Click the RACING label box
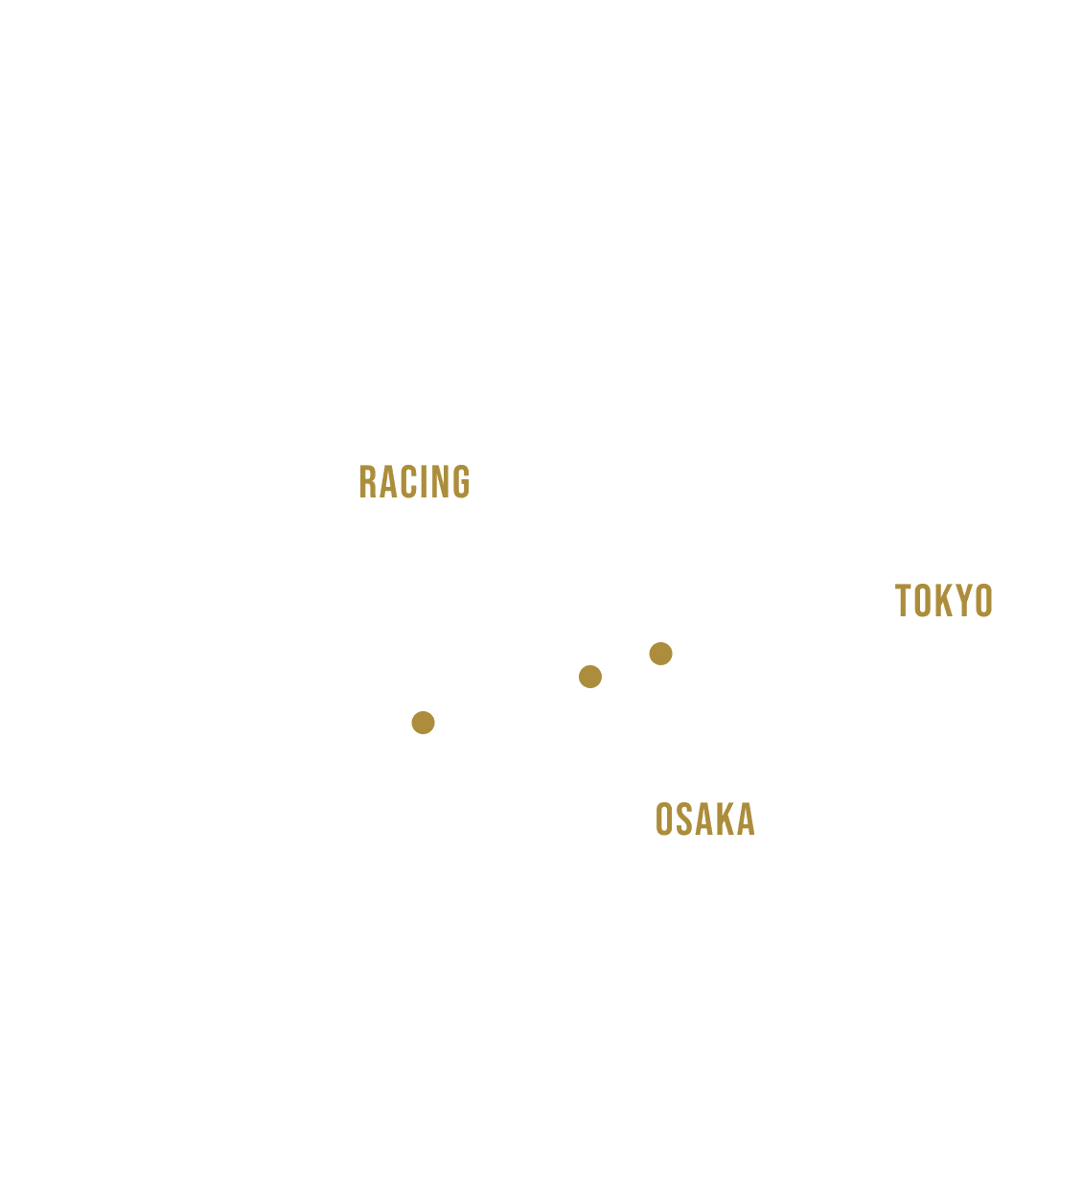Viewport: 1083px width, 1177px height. (x=414, y=481)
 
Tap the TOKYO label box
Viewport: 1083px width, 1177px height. (x=944, y=600)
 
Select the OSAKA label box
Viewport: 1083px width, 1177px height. (x=705, y=819)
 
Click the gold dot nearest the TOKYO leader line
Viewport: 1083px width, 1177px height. (x=660, y=654)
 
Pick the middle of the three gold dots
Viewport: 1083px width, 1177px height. (x=590, y=677)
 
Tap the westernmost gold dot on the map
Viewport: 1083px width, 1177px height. (x=423, y=722)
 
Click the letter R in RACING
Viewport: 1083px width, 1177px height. (x=366, y=482)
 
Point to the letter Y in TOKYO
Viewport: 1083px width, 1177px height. (x=961, y=601)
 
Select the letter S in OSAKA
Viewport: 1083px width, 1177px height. (x=683, y=819)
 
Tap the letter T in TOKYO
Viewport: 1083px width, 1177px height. (x=903, y=601)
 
